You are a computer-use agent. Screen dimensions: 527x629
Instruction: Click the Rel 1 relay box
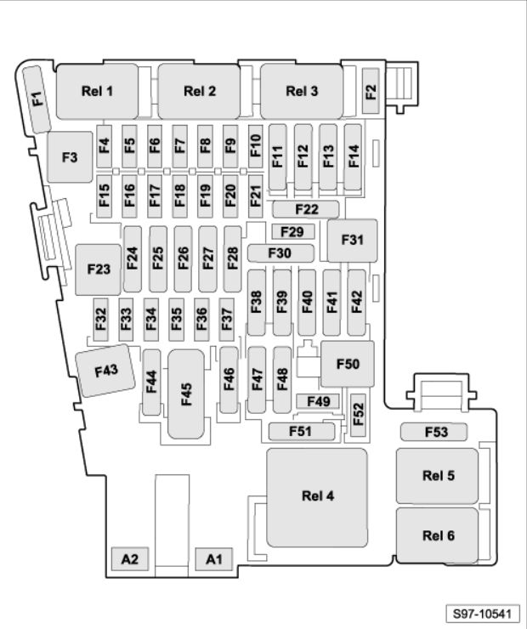pyautogui.click(x=97, y=91)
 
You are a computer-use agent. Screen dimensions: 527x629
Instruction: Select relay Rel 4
pyautogui.click(x=317, y=497)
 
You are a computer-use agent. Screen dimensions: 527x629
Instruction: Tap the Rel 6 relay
pyautogui.click(x=437, y=535)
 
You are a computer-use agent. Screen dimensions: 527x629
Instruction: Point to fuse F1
pyautogui.click(x=37, y=99)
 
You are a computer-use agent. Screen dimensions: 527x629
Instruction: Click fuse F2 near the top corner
pyautogui.click(x=371, y=91)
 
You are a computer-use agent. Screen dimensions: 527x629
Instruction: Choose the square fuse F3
pyautogui.click(x=70, y=157)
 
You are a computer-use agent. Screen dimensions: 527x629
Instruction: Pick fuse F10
pyautogui.click(x=256, y=146)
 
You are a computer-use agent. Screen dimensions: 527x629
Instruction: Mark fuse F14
pyautogui.click(x=353, y=157)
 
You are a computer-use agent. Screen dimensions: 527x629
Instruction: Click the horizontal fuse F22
pyautogui.click(x=306, y=209)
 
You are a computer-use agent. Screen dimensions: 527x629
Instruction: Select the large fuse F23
pyautogui.click(x=99, y=269)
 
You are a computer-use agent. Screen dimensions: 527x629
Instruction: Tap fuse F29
pyautogui.click(x=292, y=231)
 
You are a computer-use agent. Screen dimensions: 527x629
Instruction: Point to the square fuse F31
pyautogui.click(x=352, y=241)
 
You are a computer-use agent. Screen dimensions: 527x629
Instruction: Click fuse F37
pyautogui.click(x=227, y=320)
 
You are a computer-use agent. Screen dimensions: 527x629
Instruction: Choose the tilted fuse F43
pyautogui.click(x=106, y=371)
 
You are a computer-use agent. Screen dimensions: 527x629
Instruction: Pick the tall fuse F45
pyautogui.click(x=186, y=394)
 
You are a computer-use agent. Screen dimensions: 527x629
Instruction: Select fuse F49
pyautogui.click(x=318, y=401)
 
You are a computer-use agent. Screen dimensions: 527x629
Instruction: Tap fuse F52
pyautogui.click(x=358, y=415)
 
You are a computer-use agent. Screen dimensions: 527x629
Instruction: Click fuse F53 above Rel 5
pyautogui.click(x=434, y=432)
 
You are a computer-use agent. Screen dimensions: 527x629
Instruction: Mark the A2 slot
pyautogui.click(x=129, y=558)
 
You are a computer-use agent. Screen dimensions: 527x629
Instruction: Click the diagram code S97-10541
pyautogui.click(x=483, y=614)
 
